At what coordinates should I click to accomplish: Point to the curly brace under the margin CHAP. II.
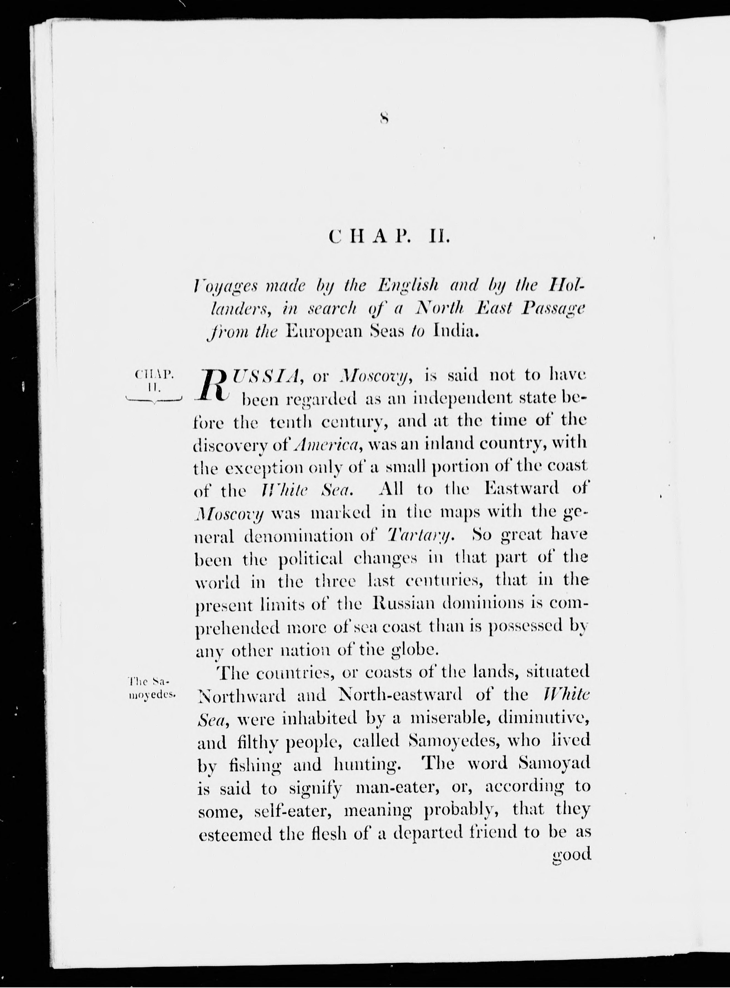(153, 400)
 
